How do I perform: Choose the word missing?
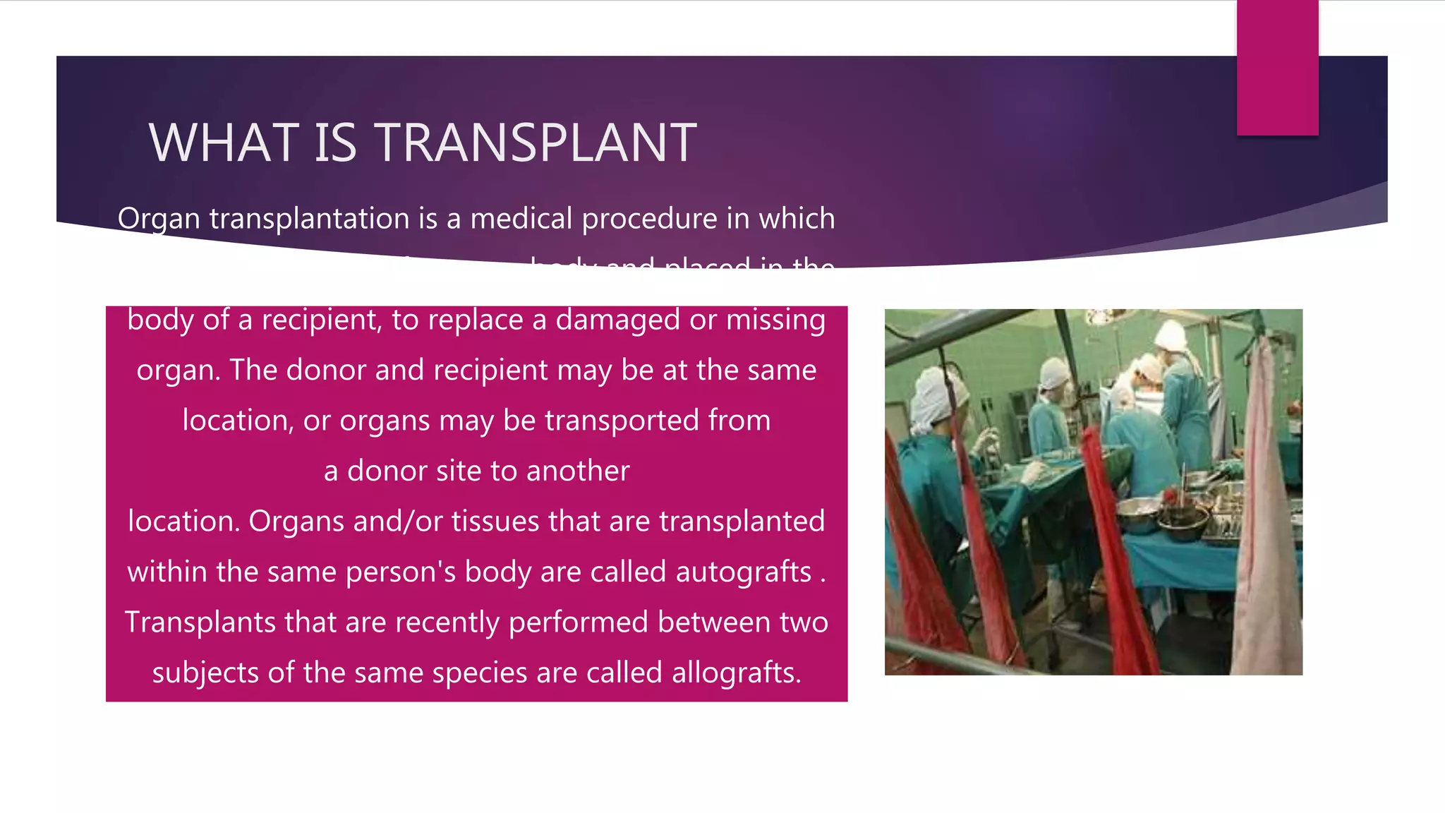[x=775, y=320]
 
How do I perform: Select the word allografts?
[x=736, y=673]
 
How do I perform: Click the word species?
[x=479, y=673]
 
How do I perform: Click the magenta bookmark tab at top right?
[x=1277, y=67]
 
